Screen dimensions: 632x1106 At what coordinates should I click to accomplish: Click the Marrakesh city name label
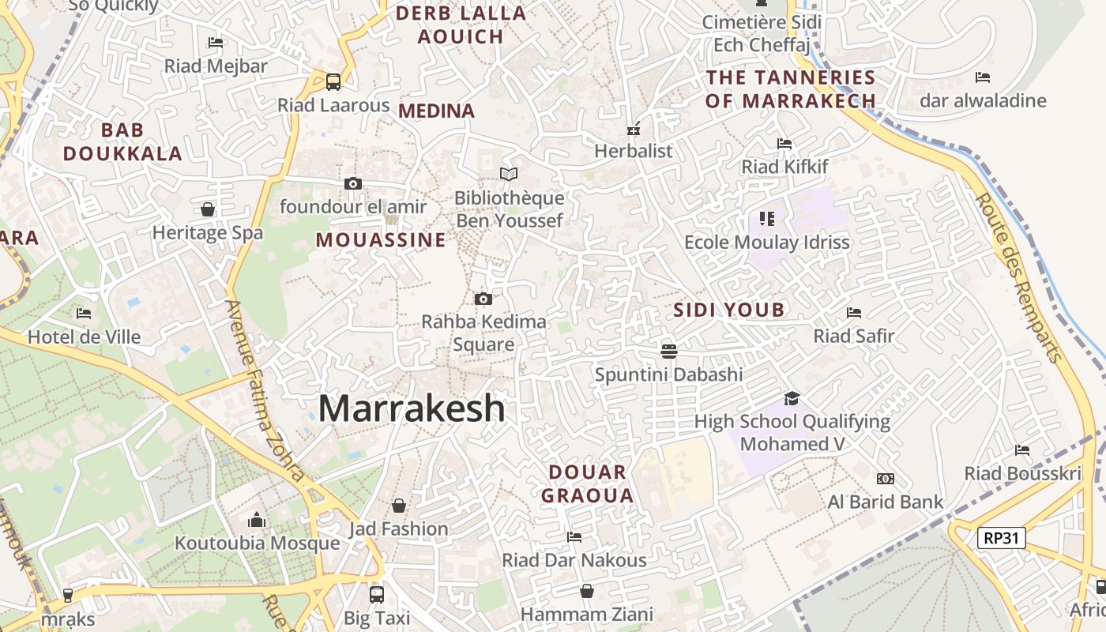click(411, 408)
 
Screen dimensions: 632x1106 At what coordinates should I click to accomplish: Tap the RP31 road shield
click(1001, 539)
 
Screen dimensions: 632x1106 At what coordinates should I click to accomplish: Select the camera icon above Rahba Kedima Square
click(483, 299)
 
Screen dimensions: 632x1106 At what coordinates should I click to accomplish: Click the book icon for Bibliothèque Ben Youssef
click(509, 174)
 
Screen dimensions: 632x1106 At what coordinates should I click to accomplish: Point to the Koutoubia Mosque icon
click(257, 520)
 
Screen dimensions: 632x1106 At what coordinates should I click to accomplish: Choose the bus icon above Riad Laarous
click(333, 81)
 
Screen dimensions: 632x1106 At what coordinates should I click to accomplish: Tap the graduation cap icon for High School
click(792, 399)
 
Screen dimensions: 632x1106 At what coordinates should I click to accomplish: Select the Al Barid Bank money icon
click(885, 479)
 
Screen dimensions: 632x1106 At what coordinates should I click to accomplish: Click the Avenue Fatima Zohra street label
click(265, 390)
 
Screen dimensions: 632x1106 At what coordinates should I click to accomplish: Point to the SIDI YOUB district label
click(728, 310)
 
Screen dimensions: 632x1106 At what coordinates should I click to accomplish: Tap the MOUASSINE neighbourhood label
click(381, 240)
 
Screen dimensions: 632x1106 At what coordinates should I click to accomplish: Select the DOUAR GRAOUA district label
click(591, 483)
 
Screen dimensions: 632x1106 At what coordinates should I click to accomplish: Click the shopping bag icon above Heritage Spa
click(207, 209)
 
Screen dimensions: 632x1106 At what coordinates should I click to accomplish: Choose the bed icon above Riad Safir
click(853, 313)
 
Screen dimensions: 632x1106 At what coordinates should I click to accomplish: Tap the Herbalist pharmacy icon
click(633, 128)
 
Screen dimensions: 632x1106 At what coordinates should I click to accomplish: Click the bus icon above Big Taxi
click(377, 594)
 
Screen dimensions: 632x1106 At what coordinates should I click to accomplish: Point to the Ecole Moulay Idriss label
click(766, 243)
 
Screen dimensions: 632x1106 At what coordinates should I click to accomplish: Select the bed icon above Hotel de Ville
click(84, 314)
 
